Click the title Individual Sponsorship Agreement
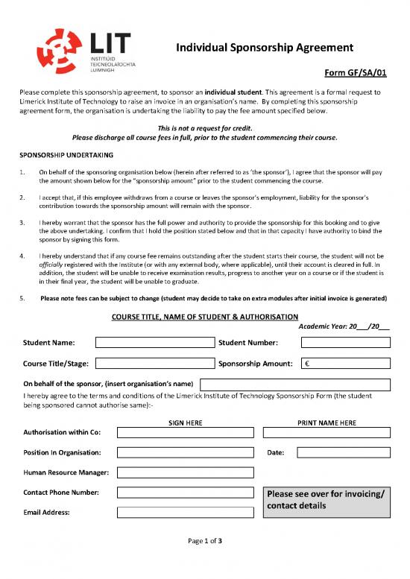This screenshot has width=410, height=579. pyautogui.click(x=263, y=48)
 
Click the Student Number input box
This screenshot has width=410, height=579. pyautogui.click(x=345, y=343)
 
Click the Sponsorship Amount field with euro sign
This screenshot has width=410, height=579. pyautogui.click(x=345, y=364)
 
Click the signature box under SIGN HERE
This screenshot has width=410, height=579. pyautogui.click(x=186, y=432)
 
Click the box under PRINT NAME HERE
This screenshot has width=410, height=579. pyautogui.click(x=327, y=432)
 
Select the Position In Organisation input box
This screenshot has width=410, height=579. pyautogui.click(x=186, y=452)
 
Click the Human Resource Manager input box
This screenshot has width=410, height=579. pyautogui.click(x=186, y=472)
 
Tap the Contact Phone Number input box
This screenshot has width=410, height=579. pyautogui.click(x=186, y=493)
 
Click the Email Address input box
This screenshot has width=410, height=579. pyautogui.click(x=186, y=513)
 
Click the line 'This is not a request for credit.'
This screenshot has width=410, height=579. pyautogui.click(x=205, y=128)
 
